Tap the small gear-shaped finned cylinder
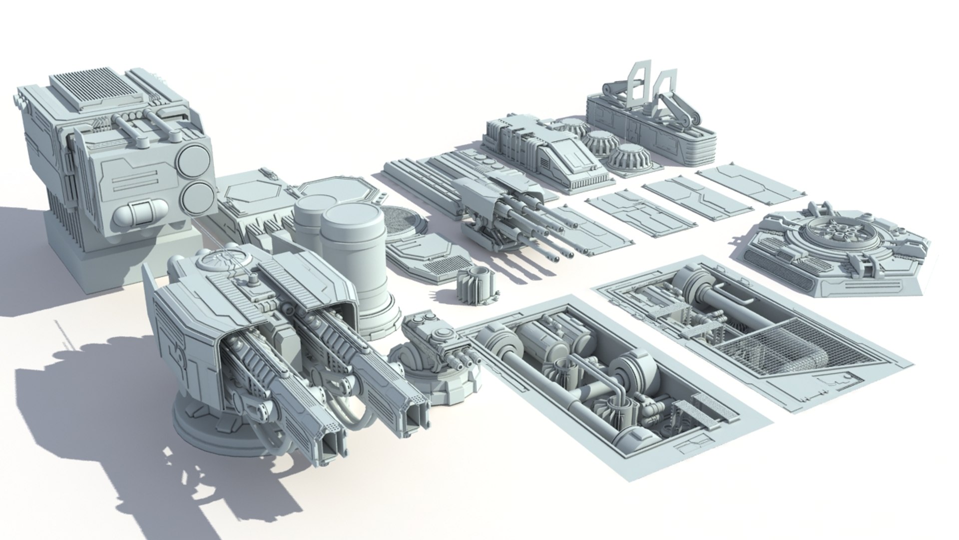pyautogui.click(x=475, y=285)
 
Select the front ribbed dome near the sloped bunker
pyautogui.click(x=628, y=159)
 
